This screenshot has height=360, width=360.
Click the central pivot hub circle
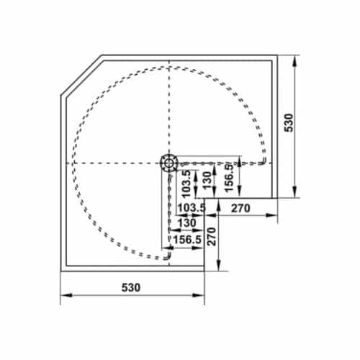168,163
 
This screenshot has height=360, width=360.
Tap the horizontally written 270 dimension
240,208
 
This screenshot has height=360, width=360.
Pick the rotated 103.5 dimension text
186,183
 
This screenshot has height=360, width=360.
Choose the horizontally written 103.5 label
190,208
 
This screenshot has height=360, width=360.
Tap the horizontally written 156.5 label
186,240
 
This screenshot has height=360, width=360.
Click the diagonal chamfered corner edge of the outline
81,74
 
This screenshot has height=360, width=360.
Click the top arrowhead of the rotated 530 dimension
295,58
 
